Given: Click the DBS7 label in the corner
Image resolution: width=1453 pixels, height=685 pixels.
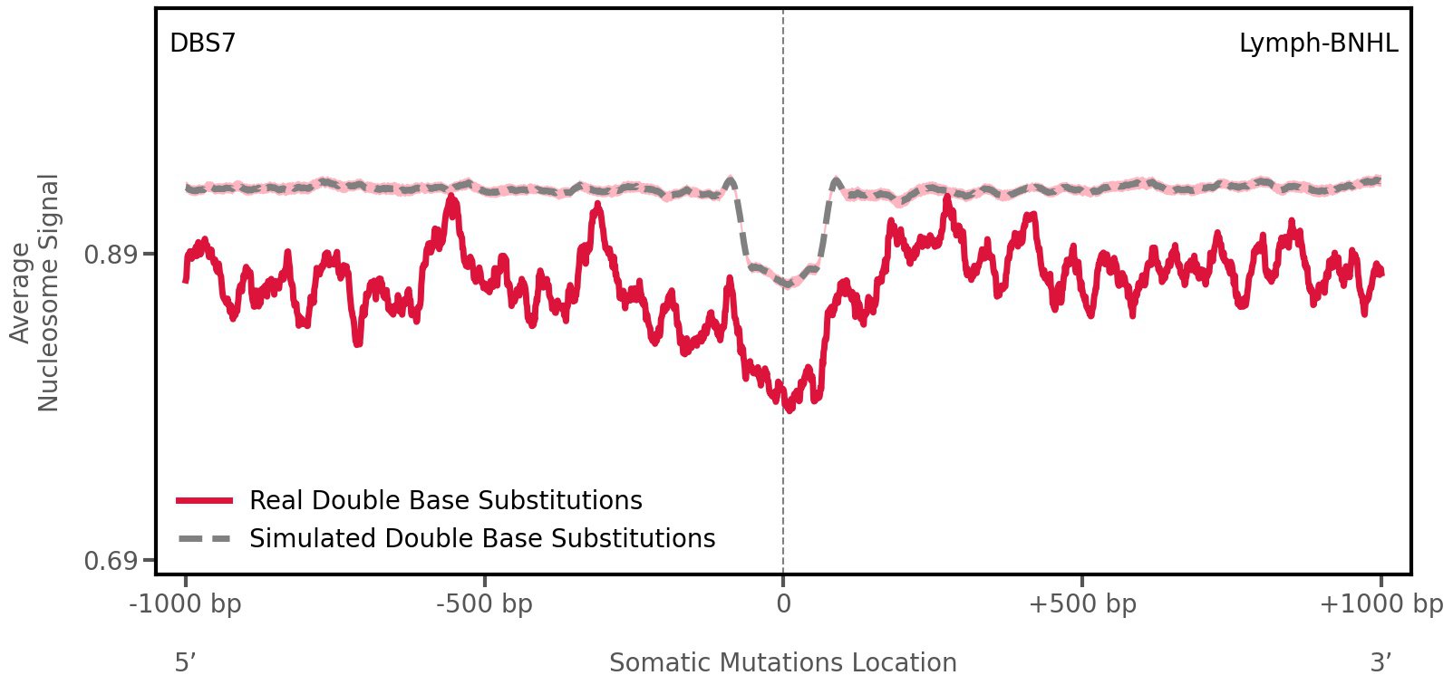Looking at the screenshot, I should coord(202,43).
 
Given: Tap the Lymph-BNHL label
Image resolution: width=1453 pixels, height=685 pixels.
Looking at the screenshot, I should coord(1318,43).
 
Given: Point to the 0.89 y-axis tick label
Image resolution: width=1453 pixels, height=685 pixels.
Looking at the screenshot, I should coord(108,255).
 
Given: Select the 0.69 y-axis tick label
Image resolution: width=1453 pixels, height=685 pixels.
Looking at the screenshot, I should coord(108,562).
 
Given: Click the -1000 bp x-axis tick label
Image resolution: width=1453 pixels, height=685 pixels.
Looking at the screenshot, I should coord(186,604).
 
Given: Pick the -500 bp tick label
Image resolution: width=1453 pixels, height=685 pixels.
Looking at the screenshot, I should coord(484,604).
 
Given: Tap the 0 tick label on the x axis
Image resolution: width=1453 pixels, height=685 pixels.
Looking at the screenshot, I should coord(783,604).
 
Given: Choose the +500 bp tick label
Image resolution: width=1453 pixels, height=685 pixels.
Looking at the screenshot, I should coord(1082,604).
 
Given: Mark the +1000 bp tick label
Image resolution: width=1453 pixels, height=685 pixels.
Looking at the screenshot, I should coord(1380,604).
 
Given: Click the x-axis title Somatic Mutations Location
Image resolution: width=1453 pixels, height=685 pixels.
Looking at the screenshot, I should coord(783,663).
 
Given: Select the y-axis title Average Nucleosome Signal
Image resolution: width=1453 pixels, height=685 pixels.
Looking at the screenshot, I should coord(34,292).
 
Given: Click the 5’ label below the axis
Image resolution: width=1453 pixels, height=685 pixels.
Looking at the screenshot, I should coord(185,663).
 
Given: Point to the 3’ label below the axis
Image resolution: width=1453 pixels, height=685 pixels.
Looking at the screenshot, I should coord(1380,663).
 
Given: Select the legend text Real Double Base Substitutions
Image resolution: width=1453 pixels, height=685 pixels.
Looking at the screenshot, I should coord(445,500).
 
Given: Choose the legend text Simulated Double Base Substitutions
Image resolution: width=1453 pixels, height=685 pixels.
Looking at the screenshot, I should coord(482,538).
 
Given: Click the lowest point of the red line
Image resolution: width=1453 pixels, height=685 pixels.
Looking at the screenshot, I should coord(789,410).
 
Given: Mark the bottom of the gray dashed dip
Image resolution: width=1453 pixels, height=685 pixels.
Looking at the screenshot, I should coord(786,285).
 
